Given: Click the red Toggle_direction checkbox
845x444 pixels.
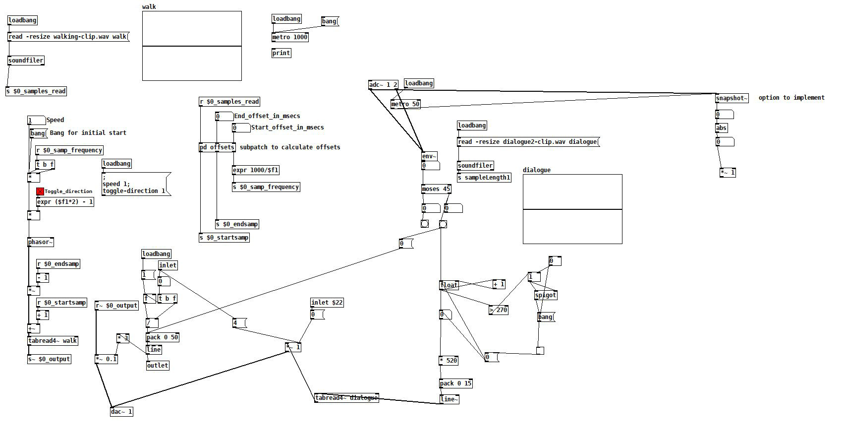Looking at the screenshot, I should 40,191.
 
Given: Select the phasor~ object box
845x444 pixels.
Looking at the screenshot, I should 41,242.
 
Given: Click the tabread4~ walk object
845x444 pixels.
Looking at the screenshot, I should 53,341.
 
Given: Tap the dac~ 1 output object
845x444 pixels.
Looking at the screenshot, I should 121,412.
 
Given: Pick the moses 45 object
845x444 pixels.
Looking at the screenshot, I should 436,189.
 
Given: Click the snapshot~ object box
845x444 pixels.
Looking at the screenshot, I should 732,98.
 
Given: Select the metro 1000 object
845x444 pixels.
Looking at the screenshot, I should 290,37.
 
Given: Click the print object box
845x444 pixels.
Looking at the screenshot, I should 281,53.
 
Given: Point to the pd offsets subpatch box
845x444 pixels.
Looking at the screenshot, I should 217,147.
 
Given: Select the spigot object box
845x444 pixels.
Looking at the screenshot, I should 546,295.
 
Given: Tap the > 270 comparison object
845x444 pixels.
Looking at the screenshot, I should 499,310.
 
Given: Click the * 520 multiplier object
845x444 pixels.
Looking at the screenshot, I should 449,361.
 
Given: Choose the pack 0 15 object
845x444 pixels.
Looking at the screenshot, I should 456,383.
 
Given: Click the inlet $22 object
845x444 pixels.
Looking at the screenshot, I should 327,303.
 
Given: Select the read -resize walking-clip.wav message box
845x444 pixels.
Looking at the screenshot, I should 68,37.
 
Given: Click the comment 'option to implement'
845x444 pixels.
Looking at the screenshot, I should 791,98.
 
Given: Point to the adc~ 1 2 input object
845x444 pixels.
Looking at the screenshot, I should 383,85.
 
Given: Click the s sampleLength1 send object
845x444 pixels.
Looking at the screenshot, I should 484,178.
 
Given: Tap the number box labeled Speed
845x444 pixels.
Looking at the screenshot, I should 36,121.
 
